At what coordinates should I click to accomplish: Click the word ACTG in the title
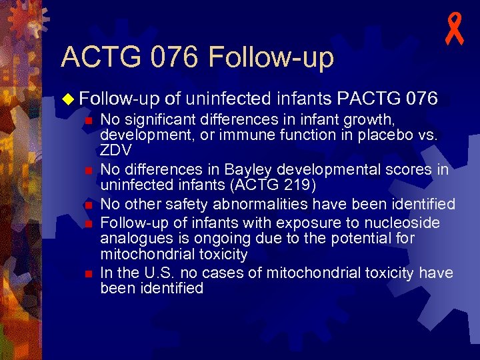coord(100,57)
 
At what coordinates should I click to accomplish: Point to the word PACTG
coord(368,99)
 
